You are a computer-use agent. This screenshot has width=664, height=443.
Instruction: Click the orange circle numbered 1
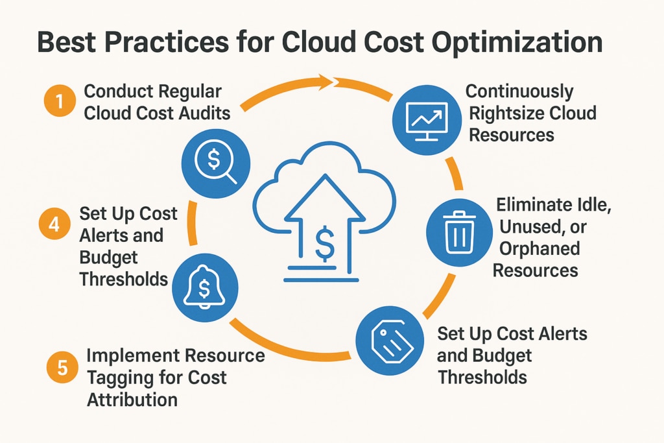point(60,101)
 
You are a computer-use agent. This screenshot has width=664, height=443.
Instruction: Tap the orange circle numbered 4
point(54,224)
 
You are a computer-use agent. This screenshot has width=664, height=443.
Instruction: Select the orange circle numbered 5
point(62,368)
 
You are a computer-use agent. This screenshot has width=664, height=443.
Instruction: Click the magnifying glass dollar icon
point(216,163)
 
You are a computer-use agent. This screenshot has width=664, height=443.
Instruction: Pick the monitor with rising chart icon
point(427,120)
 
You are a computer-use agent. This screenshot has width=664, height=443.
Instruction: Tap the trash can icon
point(460,232)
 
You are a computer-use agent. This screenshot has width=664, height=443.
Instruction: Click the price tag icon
point(390,341)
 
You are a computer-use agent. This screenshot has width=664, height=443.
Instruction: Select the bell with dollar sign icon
point(206,287)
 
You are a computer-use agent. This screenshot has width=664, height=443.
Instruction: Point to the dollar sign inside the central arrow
point(326,242)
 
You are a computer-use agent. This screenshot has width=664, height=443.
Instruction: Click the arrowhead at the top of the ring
point(326,81)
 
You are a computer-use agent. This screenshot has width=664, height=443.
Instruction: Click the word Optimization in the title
point(517,42)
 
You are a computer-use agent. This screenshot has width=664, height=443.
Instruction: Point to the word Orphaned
point(539,248)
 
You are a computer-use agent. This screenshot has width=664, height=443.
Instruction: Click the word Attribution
point(132,400)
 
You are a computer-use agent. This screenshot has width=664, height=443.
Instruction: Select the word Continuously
point(519,91)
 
